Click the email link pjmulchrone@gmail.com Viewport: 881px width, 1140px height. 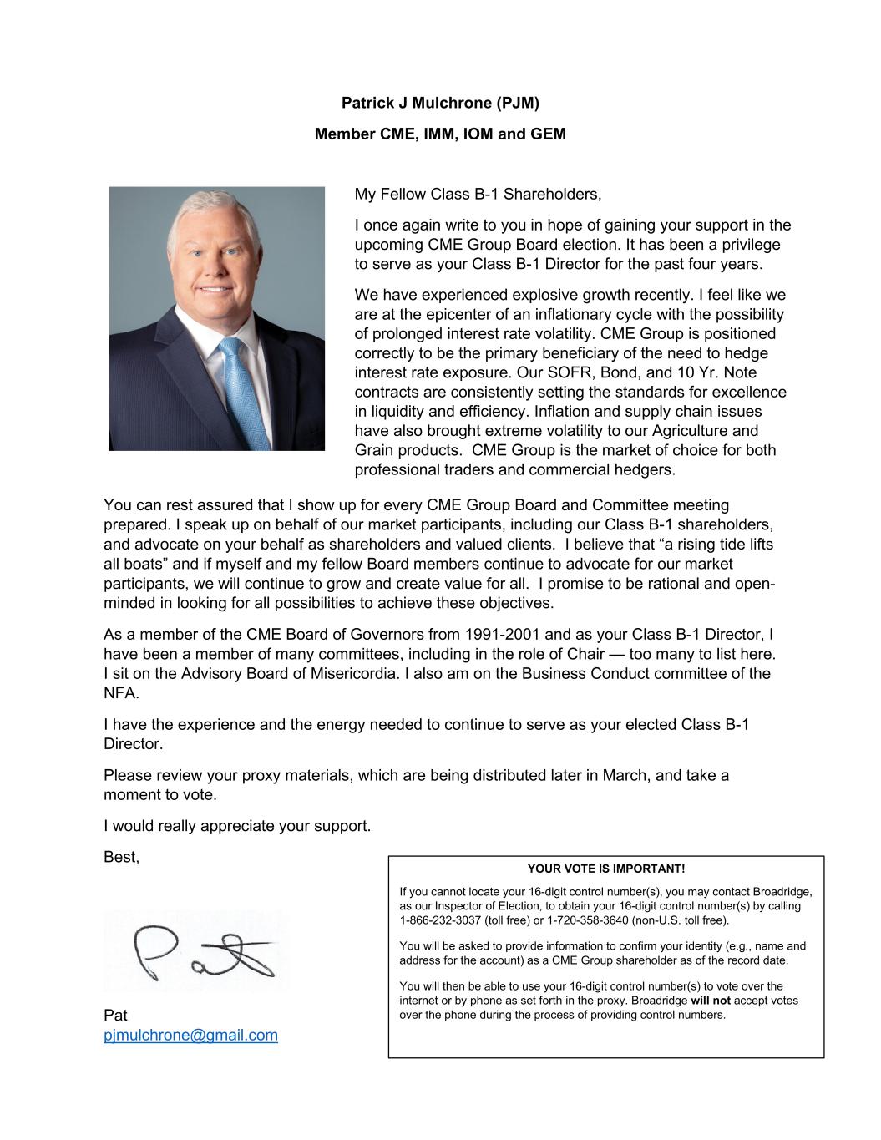pos(190,1036)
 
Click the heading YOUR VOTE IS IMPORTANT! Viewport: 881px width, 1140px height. pos(605,869)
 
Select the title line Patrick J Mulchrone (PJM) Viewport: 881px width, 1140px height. pos(440,104)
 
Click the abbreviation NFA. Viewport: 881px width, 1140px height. pos(121,693)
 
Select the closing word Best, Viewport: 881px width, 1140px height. pos(122,857)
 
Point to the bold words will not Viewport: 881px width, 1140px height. pos(711,1001)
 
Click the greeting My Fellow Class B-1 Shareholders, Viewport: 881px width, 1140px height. pos(478,195)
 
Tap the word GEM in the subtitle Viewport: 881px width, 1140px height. pos(548,134)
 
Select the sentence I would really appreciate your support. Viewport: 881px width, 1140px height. pos(237,826)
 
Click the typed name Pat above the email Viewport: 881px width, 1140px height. pos(115,1016)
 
